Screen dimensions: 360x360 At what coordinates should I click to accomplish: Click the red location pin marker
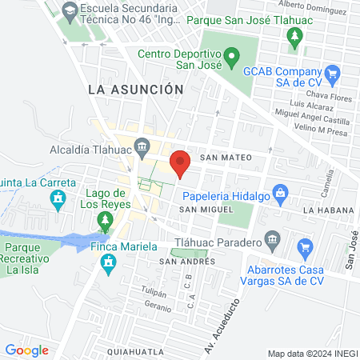point(180,162)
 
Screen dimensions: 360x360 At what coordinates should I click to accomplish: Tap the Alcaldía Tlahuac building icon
point(142,146)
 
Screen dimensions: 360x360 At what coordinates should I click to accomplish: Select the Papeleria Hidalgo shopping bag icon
point(279,193)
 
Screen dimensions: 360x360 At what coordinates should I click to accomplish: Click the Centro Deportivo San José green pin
point(231,57)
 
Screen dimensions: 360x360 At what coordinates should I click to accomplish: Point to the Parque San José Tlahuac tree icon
point(295,36)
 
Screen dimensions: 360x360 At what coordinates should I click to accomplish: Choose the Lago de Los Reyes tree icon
point(104,219)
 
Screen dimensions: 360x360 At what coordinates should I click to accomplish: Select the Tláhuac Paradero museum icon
point(272,239)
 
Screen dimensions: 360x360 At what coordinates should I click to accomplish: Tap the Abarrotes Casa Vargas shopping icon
point(304,247)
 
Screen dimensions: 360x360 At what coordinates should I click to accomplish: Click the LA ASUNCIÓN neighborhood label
point(136,90)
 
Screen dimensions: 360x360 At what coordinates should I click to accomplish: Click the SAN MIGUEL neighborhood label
point(206,209)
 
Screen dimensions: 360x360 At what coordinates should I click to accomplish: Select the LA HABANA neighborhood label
point(328,210)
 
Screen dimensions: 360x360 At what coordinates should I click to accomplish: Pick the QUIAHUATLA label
point(137,351)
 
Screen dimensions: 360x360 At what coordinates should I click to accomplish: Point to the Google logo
point(26,350)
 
